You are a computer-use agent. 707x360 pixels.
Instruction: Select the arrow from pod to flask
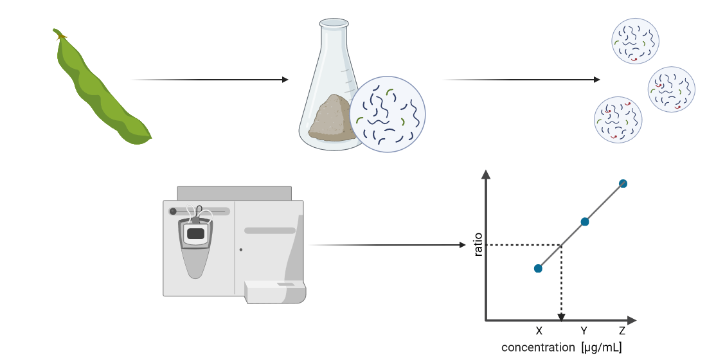click(x=209, y=80)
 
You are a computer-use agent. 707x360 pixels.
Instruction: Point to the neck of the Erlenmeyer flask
click(x=334, y=39)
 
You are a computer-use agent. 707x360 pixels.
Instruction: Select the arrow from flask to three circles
click(x=521, y=80)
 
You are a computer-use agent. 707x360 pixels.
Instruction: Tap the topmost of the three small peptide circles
click(x=635, y=41)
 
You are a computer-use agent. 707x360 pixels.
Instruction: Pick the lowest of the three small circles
click(x=618, y=120)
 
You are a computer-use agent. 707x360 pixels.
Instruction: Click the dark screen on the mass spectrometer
click(x=195, y=234)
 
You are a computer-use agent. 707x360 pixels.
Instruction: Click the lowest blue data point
click(x=538, y=268)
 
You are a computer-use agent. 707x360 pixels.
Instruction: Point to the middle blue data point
click(x=585, y=222)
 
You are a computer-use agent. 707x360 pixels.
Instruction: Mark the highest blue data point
click(x=623, y=184)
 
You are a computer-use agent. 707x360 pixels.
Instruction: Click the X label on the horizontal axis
click(x=539, y=331)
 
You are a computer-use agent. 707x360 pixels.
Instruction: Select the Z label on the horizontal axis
click(x=622, y=331)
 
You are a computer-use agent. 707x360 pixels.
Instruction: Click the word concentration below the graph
click(x=537, y=348)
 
